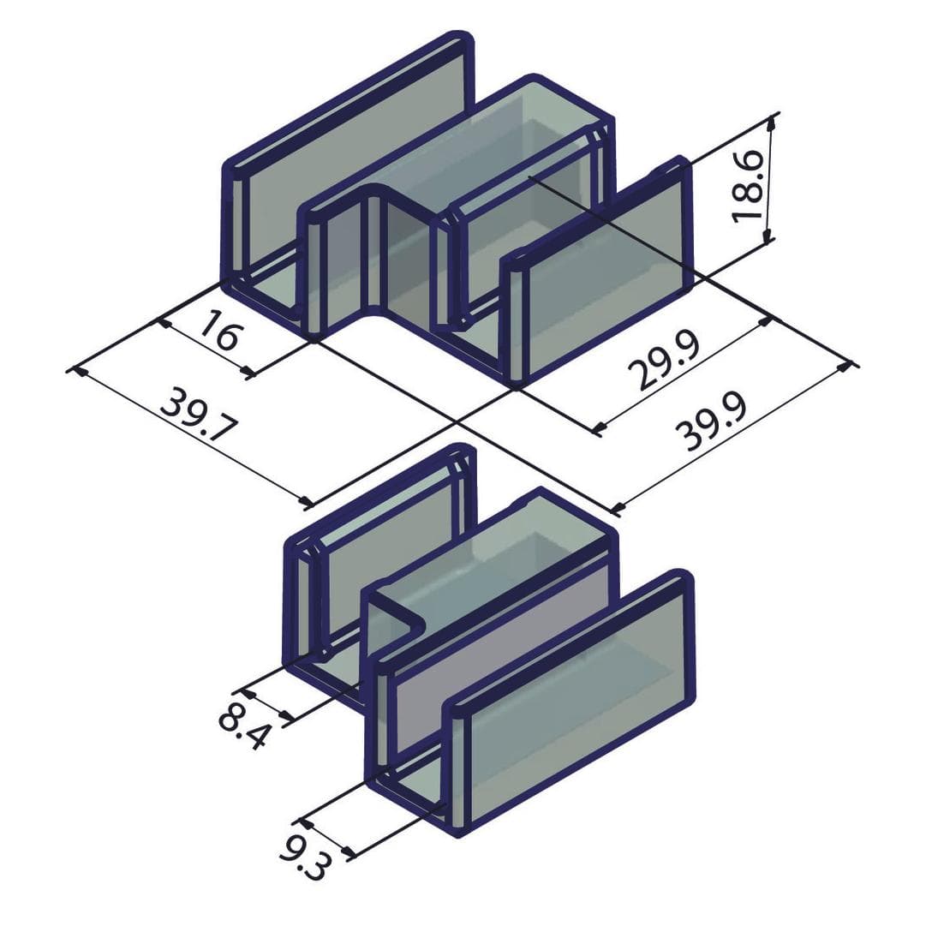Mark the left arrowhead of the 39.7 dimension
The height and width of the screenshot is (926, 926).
tap(79, 372)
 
